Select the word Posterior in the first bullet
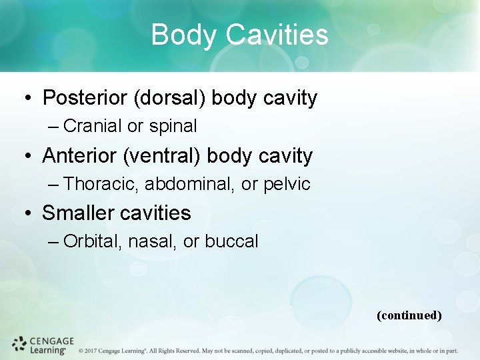tap(85, 98)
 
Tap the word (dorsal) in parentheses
tap(170, 98)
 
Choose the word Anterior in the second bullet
tap(80, 156)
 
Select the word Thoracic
tap(101, 184)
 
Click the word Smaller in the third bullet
tap(74, 213)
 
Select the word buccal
tap(231, 241)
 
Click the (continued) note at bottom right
tap(409, 315)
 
